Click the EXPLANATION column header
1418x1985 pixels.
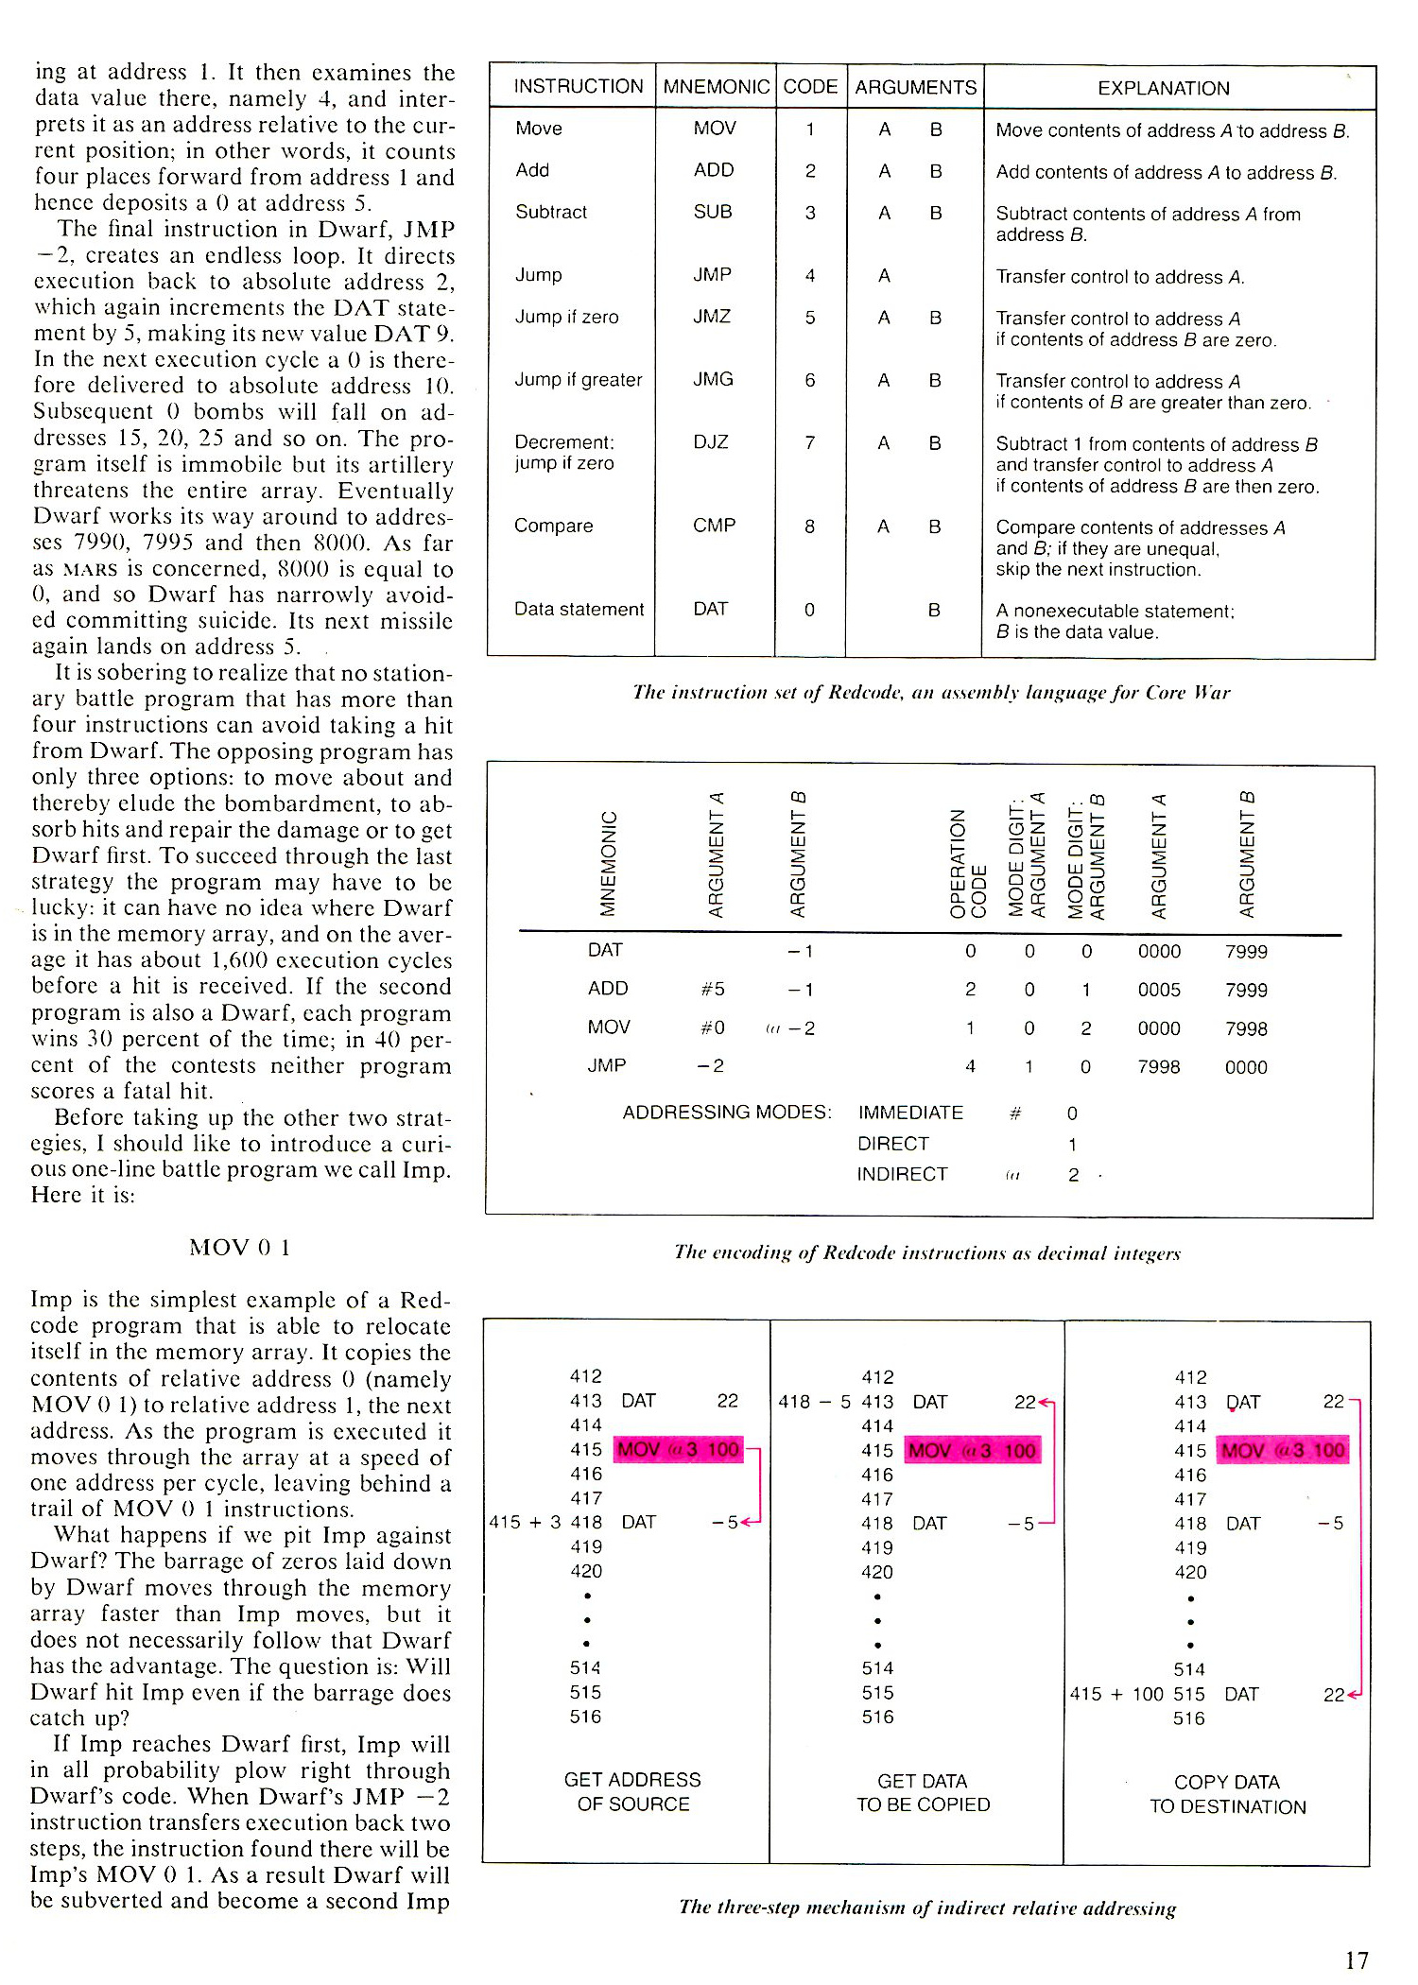[1163, 88]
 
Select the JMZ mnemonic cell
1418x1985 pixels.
[712, 317]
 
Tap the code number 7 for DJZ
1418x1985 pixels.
[810, 442]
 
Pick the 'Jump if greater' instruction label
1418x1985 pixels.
[578, 380]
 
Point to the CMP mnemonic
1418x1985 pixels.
[714, 526]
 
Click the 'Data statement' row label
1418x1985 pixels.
[579, 610]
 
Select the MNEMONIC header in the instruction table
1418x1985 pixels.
[716, 87]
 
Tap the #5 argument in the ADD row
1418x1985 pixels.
[713, 989]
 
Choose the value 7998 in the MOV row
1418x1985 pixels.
[1245, 1028]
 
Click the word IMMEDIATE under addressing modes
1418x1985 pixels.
[910, 1113]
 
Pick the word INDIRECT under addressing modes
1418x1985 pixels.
[902, 1174]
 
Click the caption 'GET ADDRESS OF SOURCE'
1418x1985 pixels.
[632, 1791]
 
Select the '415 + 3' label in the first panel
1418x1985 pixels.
[525, 1522]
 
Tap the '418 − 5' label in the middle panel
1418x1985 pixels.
[814, 1402]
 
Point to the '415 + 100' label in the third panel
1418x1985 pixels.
[1116, 1694]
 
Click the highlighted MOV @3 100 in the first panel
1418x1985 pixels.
[679, 1449]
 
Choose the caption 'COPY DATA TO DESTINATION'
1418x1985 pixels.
[1227, 1794]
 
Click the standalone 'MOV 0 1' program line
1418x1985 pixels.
[239, 1248]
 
